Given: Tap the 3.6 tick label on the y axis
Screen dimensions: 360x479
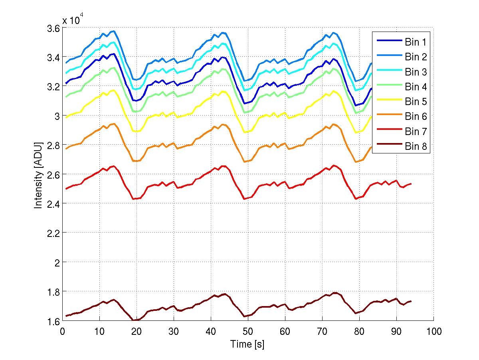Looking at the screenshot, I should [53, 28].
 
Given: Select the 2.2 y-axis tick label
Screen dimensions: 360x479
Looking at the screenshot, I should [53, 233].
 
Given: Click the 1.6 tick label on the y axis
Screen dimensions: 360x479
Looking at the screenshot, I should [53, 321].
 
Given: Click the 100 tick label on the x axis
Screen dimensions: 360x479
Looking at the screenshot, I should [433, 331].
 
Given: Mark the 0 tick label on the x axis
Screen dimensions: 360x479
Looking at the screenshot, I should [62, 331].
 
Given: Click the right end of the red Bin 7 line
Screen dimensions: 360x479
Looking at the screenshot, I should [411, 184].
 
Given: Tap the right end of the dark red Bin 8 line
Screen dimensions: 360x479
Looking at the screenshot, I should [411, 301].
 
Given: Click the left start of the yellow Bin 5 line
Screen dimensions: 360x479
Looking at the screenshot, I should [66, 117].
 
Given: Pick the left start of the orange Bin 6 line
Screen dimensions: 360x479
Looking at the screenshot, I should [66, 149].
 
